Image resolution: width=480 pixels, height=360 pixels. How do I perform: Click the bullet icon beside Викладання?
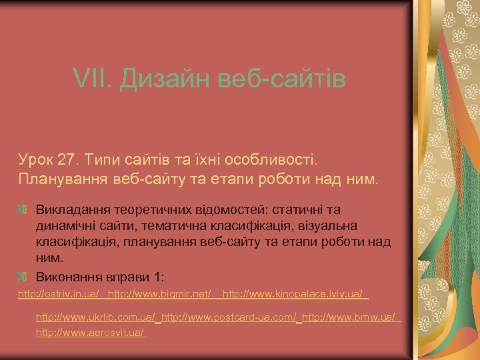click(x=23, y=211)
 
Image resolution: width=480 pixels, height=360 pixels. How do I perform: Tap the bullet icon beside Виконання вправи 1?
click(x=23, y=276)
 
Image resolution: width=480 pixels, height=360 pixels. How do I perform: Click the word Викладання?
click(x=70, y=211)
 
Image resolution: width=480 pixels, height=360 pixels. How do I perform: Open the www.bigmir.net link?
click(x=159, y=293)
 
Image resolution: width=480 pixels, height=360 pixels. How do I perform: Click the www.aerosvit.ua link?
click(x=91, y=331)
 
